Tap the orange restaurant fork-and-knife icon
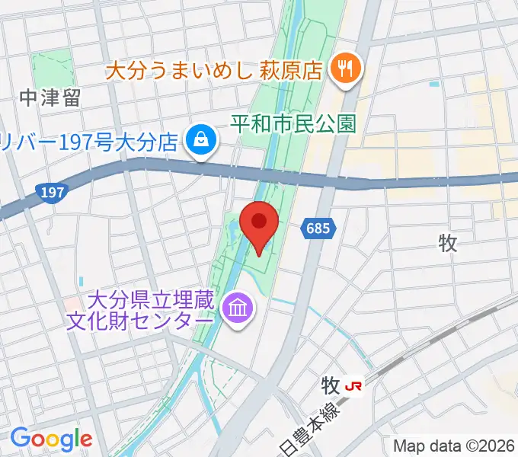coord(346,69)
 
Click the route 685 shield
coord(317,228)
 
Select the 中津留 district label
coord(50,98)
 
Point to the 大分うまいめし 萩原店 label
coord(216,72)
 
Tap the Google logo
coord(51,439)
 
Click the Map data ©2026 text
coord(454,445)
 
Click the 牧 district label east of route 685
coord(448,243)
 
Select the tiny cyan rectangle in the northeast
coord(434,84)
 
